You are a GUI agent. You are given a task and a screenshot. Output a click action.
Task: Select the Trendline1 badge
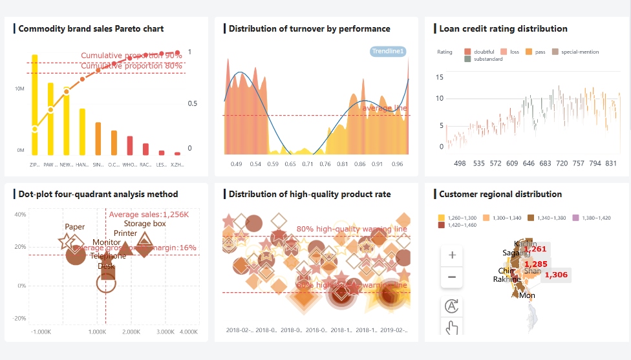point(388,51)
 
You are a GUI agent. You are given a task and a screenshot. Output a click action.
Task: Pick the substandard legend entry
point(484,59)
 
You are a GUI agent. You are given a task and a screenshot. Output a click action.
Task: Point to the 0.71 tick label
point(308,164)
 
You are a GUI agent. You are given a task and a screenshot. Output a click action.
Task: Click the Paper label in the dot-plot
point(75,227)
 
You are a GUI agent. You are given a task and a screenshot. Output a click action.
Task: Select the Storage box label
point(145,224)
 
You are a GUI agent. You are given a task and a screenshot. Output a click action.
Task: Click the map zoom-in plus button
point(452,255)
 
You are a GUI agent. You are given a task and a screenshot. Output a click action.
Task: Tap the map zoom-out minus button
point(452,277)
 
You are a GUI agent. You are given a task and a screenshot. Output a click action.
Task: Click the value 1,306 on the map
point(556,275)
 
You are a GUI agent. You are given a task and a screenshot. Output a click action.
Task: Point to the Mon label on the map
point(527,295)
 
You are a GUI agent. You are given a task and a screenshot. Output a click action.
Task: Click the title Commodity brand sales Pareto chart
point(91,28)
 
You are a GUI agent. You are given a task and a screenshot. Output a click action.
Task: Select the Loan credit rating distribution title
point(503,28)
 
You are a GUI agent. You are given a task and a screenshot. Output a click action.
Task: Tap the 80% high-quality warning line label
point(352,229)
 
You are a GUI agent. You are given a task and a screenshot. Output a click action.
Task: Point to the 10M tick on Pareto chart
point(20,89)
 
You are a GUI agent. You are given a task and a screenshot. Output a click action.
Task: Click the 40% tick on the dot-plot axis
point(20,215)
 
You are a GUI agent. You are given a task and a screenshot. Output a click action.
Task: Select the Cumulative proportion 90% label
point(131,56)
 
